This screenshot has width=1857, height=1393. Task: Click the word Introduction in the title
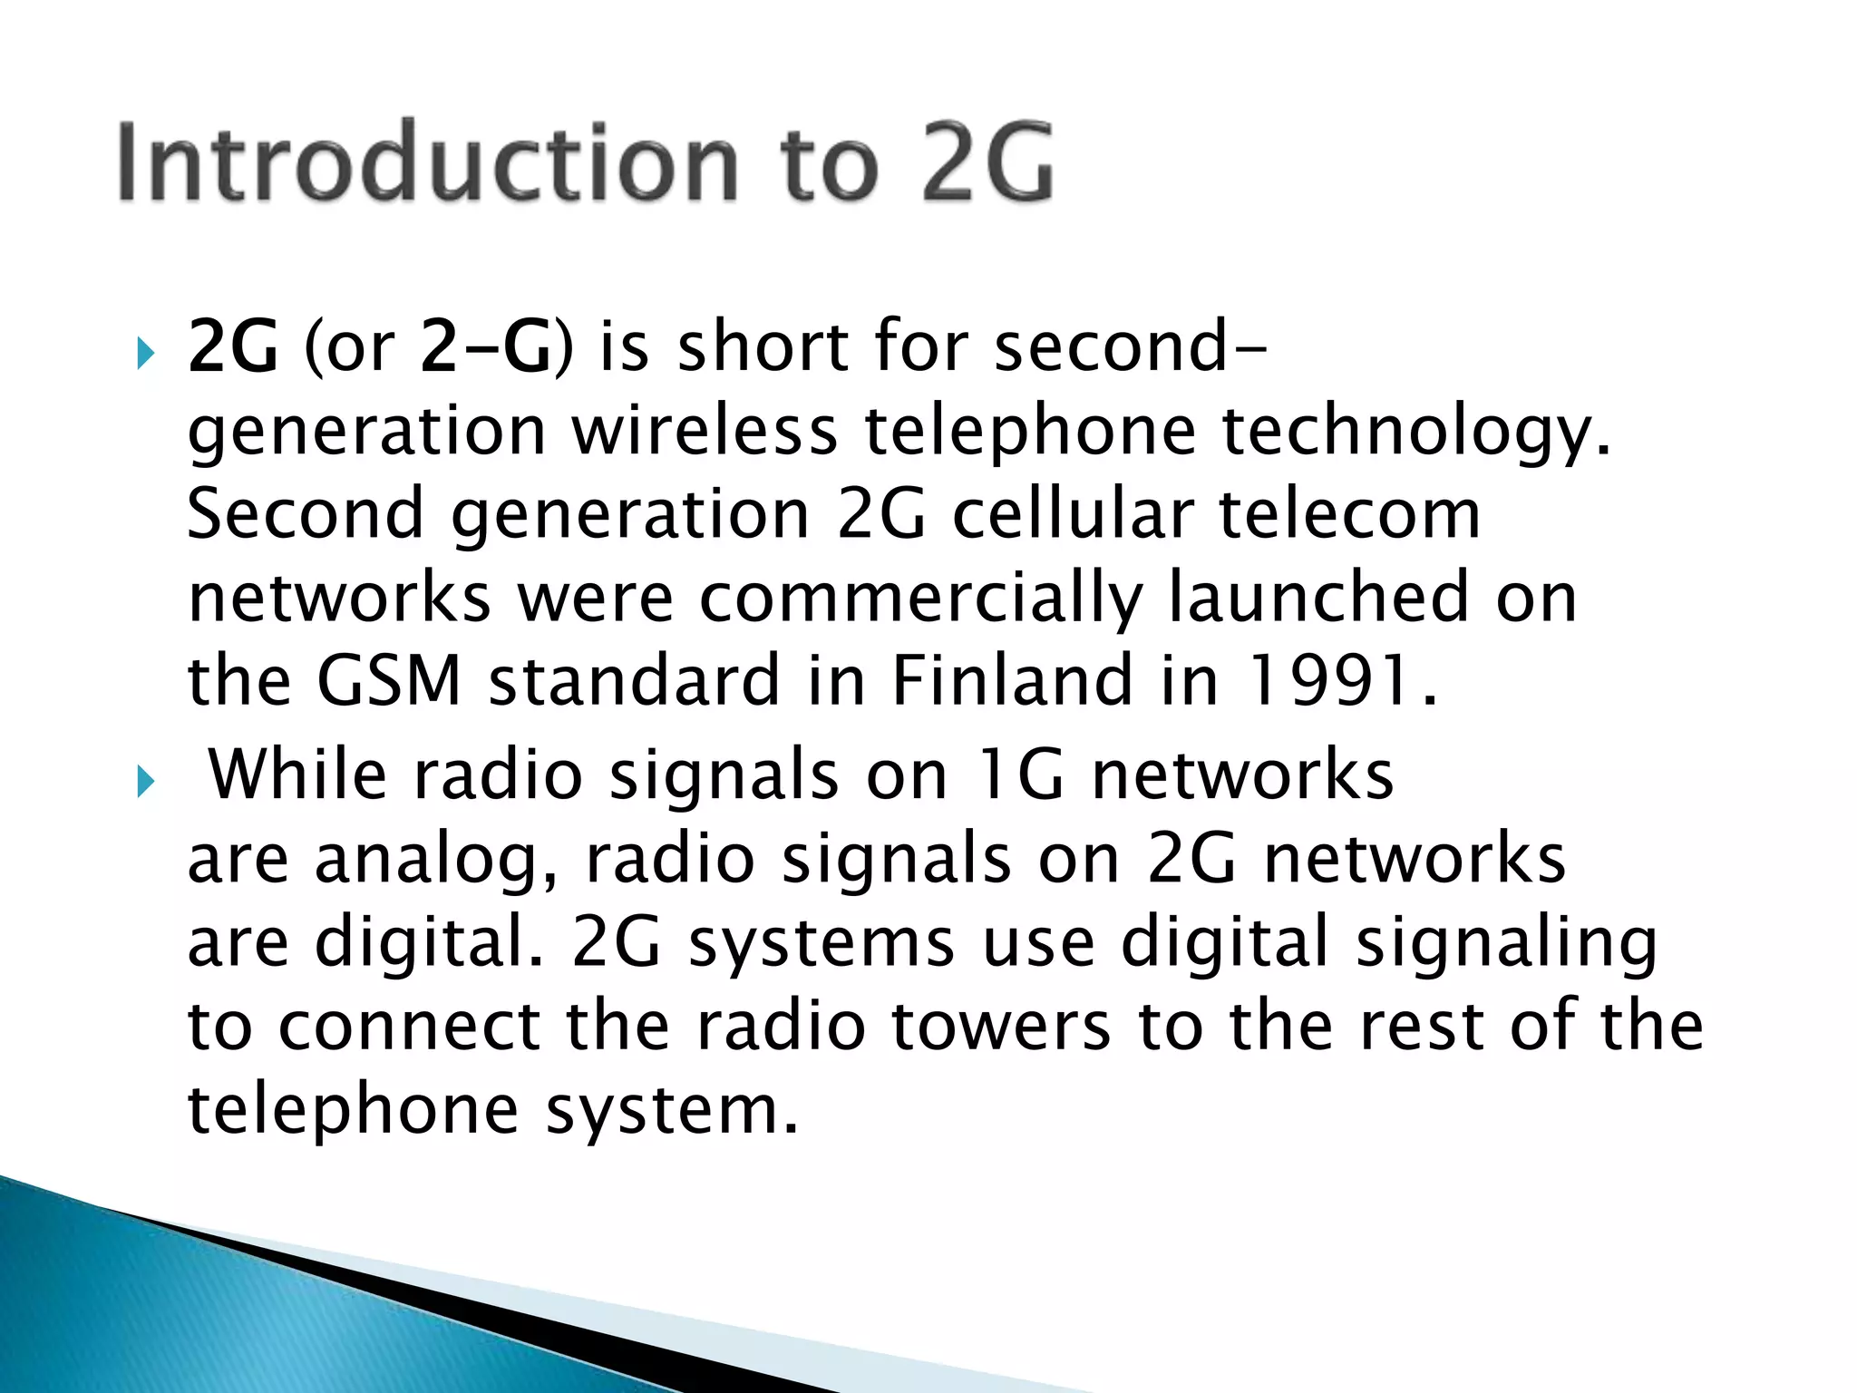click(426, 163)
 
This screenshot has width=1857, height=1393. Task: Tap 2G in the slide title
click(987, 163)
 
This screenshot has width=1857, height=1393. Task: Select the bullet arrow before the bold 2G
click(145, 354)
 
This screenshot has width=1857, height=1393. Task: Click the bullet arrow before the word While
click(145, 782)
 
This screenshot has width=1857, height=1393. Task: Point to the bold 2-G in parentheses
click(486, 348)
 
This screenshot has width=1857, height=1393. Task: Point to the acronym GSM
click(389, 681)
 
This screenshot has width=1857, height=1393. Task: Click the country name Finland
click(1012, 681)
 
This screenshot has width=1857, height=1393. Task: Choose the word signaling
click(1505, 944)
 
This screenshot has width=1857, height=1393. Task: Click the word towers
click(1001, 1027)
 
